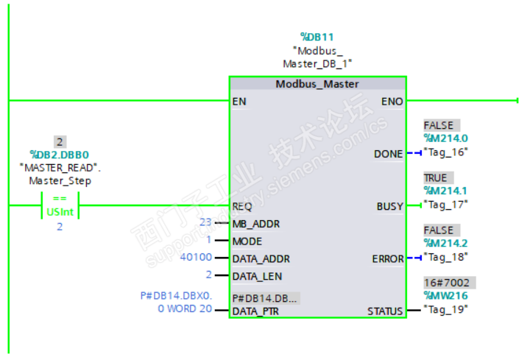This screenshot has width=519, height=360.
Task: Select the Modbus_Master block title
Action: (x=317, y=84)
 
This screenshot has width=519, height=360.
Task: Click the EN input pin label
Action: (x=239, y=101)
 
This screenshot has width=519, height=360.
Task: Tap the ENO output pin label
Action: (x=392, y=101)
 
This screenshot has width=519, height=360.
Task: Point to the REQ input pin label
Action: (x=242, y=206)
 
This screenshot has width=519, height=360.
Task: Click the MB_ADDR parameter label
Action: (x=255, y=223)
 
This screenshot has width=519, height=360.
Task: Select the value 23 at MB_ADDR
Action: (x=205, y=222)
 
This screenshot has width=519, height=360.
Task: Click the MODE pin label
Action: (x=247, y=241)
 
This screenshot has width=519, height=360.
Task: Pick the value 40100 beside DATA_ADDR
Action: (x=196, y=258)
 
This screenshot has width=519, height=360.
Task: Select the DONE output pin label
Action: (x=388, y=154)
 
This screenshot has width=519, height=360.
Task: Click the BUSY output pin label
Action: (x=389, y=206)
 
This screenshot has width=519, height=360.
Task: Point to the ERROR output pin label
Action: (x=387, y=259)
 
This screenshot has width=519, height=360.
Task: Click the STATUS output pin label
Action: (x=385, y=311)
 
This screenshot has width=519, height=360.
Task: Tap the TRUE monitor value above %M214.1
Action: (x=435, y=178)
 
